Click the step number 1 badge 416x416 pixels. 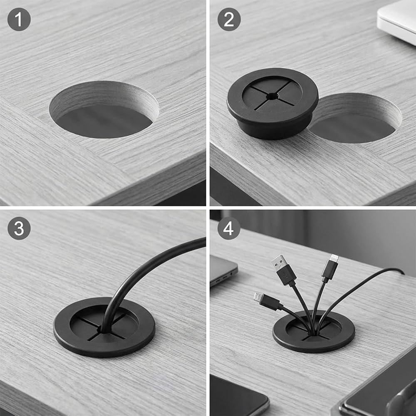[x=19, y=20]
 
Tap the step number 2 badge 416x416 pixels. [x=229, y=20]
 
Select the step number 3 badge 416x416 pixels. [x=19, y=228]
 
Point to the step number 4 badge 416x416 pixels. [x=229, y=228]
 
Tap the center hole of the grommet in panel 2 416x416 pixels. [x=272, y=97]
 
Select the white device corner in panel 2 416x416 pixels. [x=396, y=21]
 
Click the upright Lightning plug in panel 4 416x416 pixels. [x=330, y=268]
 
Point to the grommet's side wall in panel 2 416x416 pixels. [x=273, y=129]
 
